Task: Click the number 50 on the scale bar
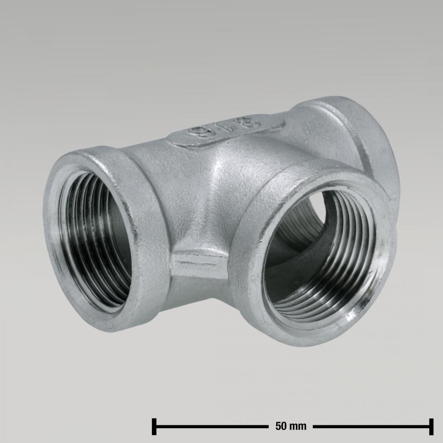point(278,425)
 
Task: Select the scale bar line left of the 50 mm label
point(212,425)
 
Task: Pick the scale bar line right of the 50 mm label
point(372,425)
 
